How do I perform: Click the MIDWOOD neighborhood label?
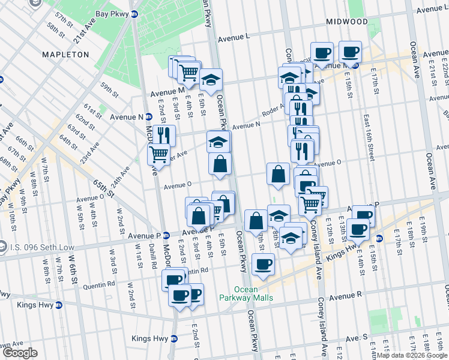click(346, 22)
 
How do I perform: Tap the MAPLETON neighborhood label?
click(65, 55)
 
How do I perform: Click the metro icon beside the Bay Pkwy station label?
click(134, 13)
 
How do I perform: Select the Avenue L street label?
click(234, 37)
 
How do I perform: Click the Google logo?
click(20, 353)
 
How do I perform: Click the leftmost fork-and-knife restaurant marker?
click(163, 135)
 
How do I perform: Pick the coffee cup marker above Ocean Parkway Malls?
click(262, 264)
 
